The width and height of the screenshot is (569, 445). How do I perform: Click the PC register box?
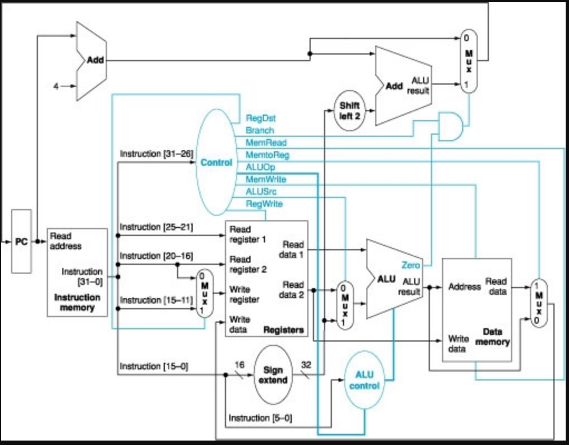(x=22, y=241)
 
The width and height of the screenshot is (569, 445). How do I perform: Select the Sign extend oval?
(x=273, y=375)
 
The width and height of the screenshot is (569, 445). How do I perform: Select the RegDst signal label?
(x=261, y=118)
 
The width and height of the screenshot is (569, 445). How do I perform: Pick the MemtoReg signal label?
(x=267, y=155)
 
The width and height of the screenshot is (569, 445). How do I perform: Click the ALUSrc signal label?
(x=261, y=191)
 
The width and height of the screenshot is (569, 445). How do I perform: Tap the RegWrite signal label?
(x=264, y=204)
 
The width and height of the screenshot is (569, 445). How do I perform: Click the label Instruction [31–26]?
(x=156, y=154)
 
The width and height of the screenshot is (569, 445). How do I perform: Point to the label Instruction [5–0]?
(x=261, y=417)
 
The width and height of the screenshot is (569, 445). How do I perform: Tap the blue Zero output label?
(x=411, y=265)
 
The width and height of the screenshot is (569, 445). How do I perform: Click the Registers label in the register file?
(x=283, y=330)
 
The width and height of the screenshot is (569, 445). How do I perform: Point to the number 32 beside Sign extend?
(x=306, y=364)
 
